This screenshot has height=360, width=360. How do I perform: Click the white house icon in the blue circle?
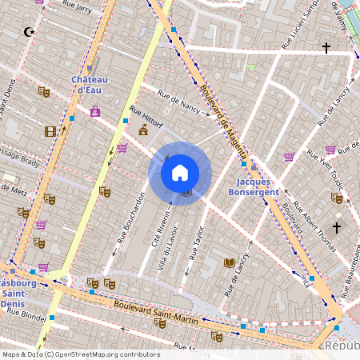(180, 173)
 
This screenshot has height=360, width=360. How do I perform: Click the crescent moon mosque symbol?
(30, 33)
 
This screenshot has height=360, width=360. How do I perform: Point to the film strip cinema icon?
(51, 131)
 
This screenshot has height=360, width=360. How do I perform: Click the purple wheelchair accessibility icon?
(95, 111)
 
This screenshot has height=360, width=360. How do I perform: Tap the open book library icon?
(230, 262)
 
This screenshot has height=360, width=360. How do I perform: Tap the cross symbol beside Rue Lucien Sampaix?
(326, 48)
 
